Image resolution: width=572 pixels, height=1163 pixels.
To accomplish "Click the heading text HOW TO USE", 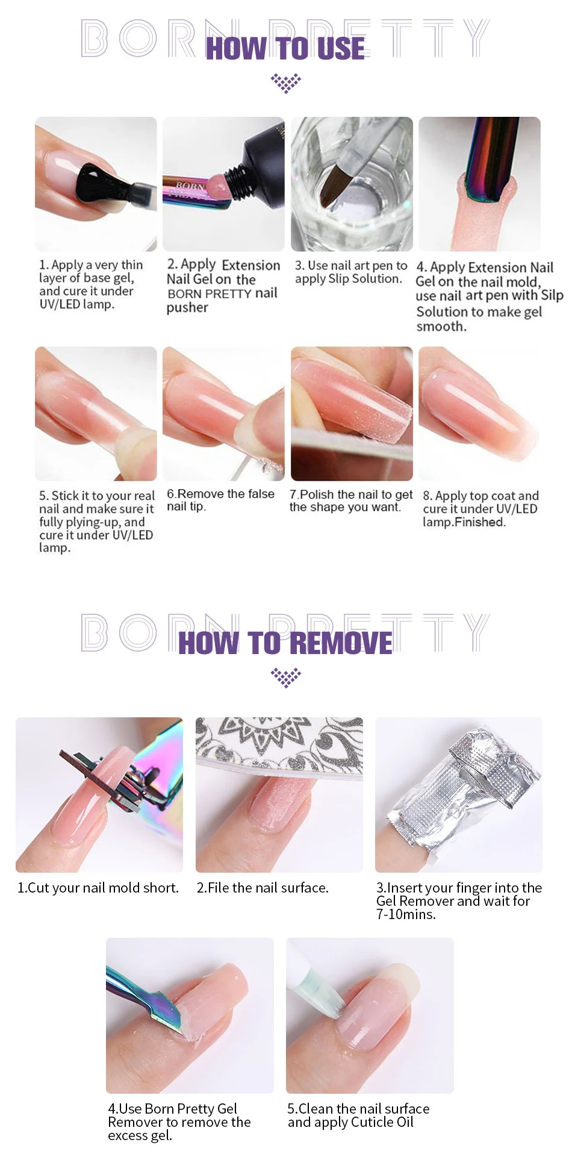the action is point(285,48).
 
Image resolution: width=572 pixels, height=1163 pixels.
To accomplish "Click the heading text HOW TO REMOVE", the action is point(285,643).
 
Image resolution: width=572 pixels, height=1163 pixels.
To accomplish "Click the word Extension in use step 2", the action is point(251,265).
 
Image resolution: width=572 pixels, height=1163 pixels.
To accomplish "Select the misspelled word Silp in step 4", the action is point(552,295).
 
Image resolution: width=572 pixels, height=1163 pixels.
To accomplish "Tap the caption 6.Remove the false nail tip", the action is point(220,500).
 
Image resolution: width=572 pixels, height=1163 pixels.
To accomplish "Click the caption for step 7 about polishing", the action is point(351,500).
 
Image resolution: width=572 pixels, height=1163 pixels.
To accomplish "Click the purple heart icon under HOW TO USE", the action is point(286,83).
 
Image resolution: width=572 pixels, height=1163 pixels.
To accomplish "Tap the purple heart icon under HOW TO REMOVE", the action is point(286,677).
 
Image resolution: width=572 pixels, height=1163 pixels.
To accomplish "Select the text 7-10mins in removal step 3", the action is point(406,914).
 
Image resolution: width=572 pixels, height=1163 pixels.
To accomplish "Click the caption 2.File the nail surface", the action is point(263,888).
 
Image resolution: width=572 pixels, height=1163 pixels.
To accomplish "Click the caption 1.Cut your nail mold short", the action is point(98,888).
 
